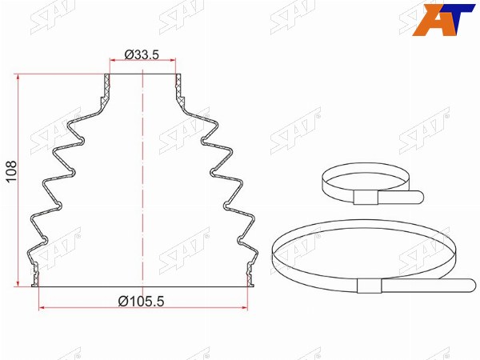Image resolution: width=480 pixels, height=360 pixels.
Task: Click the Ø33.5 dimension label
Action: (x=142, y=54)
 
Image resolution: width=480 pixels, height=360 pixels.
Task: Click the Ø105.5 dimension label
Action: (x=141, y=302)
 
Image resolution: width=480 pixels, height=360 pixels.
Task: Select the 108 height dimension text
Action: (x=12, y=171)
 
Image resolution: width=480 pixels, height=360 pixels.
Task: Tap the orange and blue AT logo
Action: (x=443, y=20)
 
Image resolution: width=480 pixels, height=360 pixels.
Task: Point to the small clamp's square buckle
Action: (x=366, y=198)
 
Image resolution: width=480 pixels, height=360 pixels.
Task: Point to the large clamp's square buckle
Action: (x=370, y=286)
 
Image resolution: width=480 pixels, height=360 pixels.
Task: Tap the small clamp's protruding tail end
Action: (x=420, y=197)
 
